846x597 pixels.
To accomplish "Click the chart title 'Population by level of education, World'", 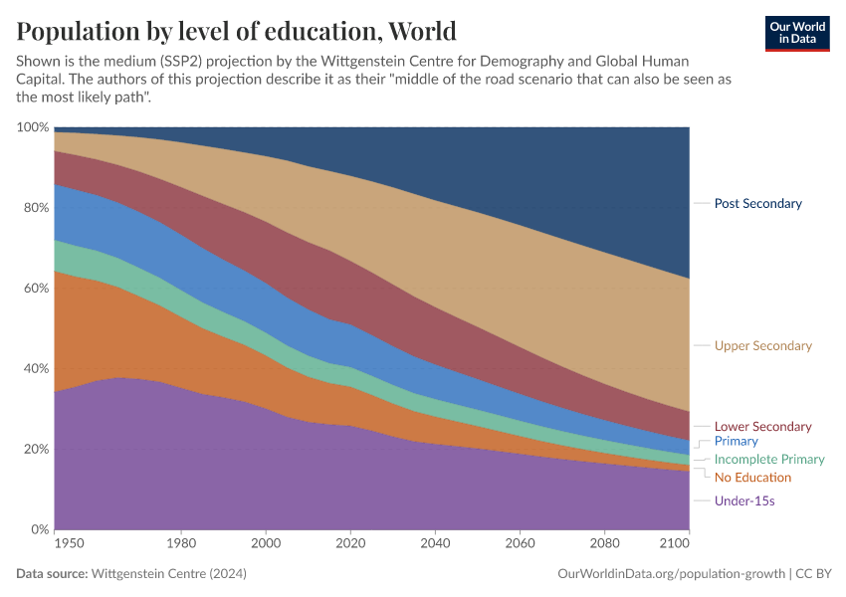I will [236, 31].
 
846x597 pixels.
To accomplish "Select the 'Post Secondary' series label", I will [757, 203].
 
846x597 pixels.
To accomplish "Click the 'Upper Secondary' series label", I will [762, 346].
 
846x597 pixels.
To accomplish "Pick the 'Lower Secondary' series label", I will [762, 427].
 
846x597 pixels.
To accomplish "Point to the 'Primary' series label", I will [736, 441].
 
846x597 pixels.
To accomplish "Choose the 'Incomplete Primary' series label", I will [769, 460].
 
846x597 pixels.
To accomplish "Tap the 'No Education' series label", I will [752, 478].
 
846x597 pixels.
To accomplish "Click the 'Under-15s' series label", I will [744, 501].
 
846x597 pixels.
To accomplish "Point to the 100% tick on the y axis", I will [33, 127].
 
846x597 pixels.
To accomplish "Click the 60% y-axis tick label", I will [36, 289].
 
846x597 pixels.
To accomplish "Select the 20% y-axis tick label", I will [36, 449].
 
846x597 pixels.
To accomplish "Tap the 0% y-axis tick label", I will [39, 529].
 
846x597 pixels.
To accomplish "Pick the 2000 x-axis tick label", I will [266, 544].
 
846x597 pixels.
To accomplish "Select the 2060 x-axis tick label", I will [520, 544].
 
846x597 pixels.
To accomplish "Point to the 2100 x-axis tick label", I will [674, 544].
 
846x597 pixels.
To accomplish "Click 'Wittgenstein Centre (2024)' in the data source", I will [168, 574].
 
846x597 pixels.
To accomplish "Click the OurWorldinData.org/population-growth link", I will [673, 574].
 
